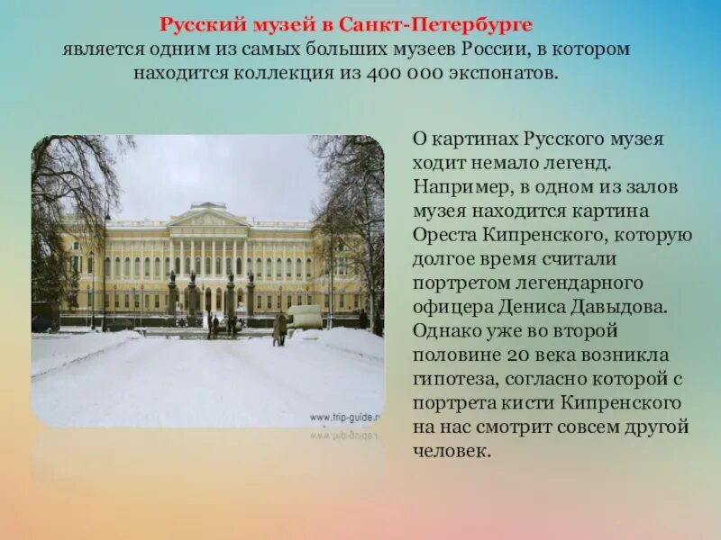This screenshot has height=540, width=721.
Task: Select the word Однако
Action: pos(445,330)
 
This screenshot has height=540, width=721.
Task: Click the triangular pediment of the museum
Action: pos(208,217)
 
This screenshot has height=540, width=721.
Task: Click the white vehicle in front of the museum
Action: pos(305,316)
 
